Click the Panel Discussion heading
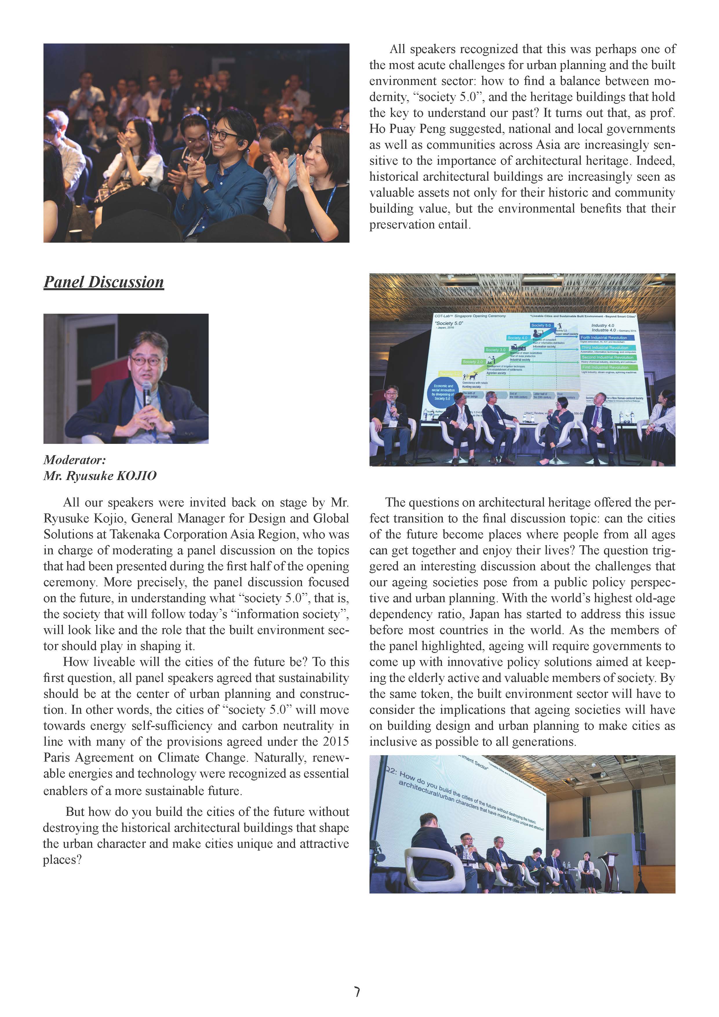pyautogui.click(x=103, y=282)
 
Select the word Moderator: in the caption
pyautogui.click(x=74, y=460)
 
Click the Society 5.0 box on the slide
pyautogui.click(x=541, y=325)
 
